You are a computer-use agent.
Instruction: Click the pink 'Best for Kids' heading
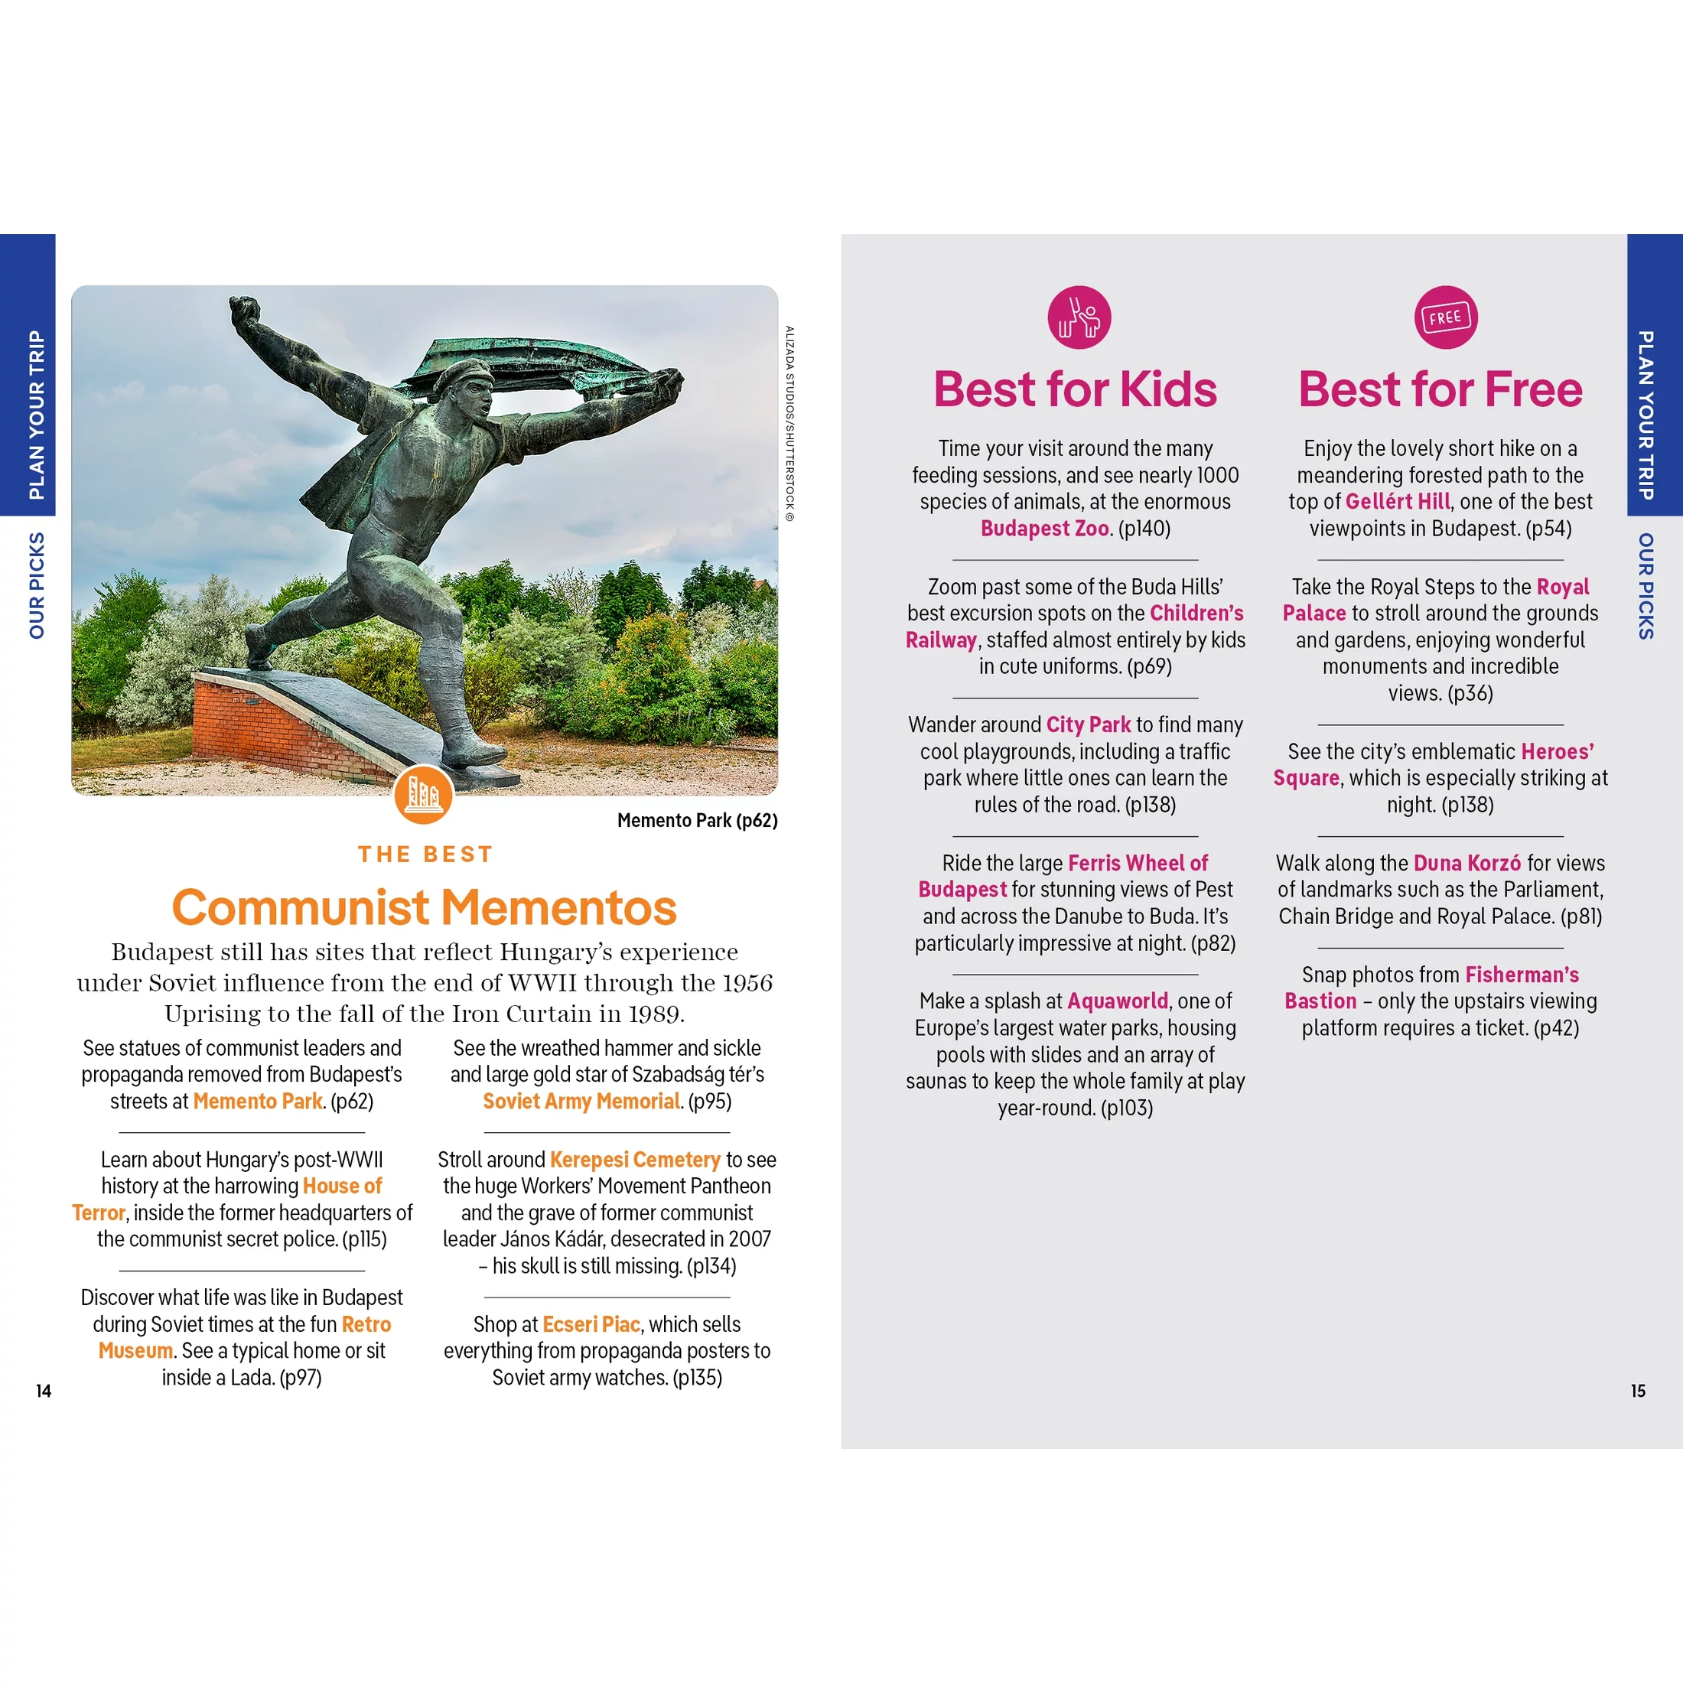coord(1074,389)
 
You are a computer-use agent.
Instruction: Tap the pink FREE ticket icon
coord(1445,317)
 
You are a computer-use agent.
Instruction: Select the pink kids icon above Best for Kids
coord(1079,317)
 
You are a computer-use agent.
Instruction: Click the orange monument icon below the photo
coord(423,795)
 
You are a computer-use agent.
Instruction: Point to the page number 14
coord(44,1392)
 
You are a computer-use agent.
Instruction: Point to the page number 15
coord(1638,1392)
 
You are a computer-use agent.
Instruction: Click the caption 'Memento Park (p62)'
coord(697,821)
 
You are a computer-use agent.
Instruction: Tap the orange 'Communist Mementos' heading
coord(425,908)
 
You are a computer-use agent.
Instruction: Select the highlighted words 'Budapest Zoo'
coord(1044,529)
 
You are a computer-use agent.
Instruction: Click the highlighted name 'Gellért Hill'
coord(1398,502)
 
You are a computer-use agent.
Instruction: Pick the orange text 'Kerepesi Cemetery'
coord(635,1160)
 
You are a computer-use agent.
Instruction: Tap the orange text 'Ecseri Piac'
coord(591,1324)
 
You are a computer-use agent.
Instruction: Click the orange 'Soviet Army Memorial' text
coord(581,1101)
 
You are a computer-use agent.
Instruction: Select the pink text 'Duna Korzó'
coord(1467,863)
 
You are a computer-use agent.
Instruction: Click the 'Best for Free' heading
coord(1440,389)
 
